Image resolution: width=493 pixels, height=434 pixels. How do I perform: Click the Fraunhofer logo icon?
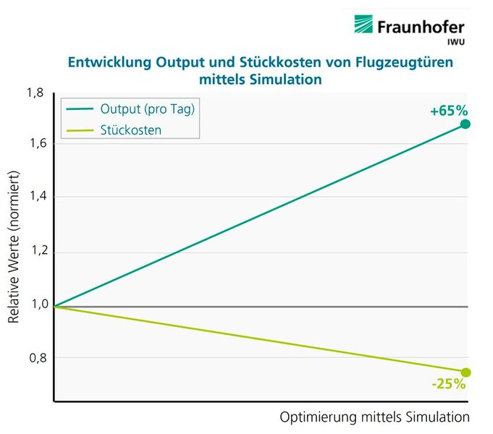click(364, 25)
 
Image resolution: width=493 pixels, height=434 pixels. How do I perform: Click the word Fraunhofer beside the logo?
click(421, 27)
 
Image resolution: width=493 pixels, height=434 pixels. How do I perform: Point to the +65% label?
click(449, 111)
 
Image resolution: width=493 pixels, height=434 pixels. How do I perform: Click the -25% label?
click(448, 384)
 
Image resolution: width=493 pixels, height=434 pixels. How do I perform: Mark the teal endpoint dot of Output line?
click(465, 124)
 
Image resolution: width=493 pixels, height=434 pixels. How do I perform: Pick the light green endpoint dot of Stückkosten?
click(465, 373)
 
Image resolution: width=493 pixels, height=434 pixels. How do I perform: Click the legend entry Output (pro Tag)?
click(148, 109)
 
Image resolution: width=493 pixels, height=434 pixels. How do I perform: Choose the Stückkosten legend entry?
click(130, 129)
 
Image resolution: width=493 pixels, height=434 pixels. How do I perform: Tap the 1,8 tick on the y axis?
click(35, 92)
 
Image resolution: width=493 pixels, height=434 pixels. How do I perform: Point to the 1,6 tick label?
click(35, 143)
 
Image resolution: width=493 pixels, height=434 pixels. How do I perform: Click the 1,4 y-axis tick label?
click(35, 197)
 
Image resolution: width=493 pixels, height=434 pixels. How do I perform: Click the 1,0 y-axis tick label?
click(35, 305)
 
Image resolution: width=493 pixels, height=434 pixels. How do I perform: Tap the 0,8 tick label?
click(35, 358)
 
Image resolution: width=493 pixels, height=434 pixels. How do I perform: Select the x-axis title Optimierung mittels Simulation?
click(374, 417)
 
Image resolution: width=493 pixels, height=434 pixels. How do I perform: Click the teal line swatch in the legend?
click(79, 109)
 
